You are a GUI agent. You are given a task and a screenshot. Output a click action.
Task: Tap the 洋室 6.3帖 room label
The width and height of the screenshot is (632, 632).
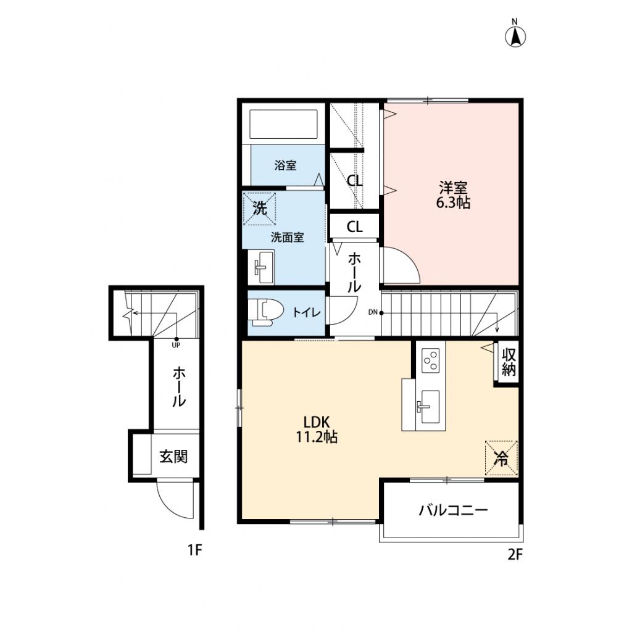453,194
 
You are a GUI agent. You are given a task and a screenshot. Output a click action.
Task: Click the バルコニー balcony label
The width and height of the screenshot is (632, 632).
453,510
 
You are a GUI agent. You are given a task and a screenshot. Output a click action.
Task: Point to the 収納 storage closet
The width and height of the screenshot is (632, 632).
509,362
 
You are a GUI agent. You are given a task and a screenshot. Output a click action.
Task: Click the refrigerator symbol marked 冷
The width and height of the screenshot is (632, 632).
501,458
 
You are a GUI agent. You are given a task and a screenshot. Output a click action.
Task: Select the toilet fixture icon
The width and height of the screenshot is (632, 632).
264,312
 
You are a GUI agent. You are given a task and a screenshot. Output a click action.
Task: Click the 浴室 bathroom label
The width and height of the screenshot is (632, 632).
285,165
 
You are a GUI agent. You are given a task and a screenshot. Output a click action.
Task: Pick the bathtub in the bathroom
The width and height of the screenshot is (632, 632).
283,125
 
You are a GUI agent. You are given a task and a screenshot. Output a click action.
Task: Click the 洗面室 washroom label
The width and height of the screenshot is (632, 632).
287,237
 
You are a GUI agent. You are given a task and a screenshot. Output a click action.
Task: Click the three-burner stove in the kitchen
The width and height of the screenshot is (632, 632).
430,360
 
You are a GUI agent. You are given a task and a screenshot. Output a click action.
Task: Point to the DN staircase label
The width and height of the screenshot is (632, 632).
373,312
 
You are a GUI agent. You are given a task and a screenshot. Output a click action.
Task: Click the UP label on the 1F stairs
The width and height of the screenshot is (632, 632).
176,345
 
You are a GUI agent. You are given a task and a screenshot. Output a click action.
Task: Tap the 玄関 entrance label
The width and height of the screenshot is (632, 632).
173,457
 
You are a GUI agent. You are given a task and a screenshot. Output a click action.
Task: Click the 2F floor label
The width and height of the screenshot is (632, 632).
515,554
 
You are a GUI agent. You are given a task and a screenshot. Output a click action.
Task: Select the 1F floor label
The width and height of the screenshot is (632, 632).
195,550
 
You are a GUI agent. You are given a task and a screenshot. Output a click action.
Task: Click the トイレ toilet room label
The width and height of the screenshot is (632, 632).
306,313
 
